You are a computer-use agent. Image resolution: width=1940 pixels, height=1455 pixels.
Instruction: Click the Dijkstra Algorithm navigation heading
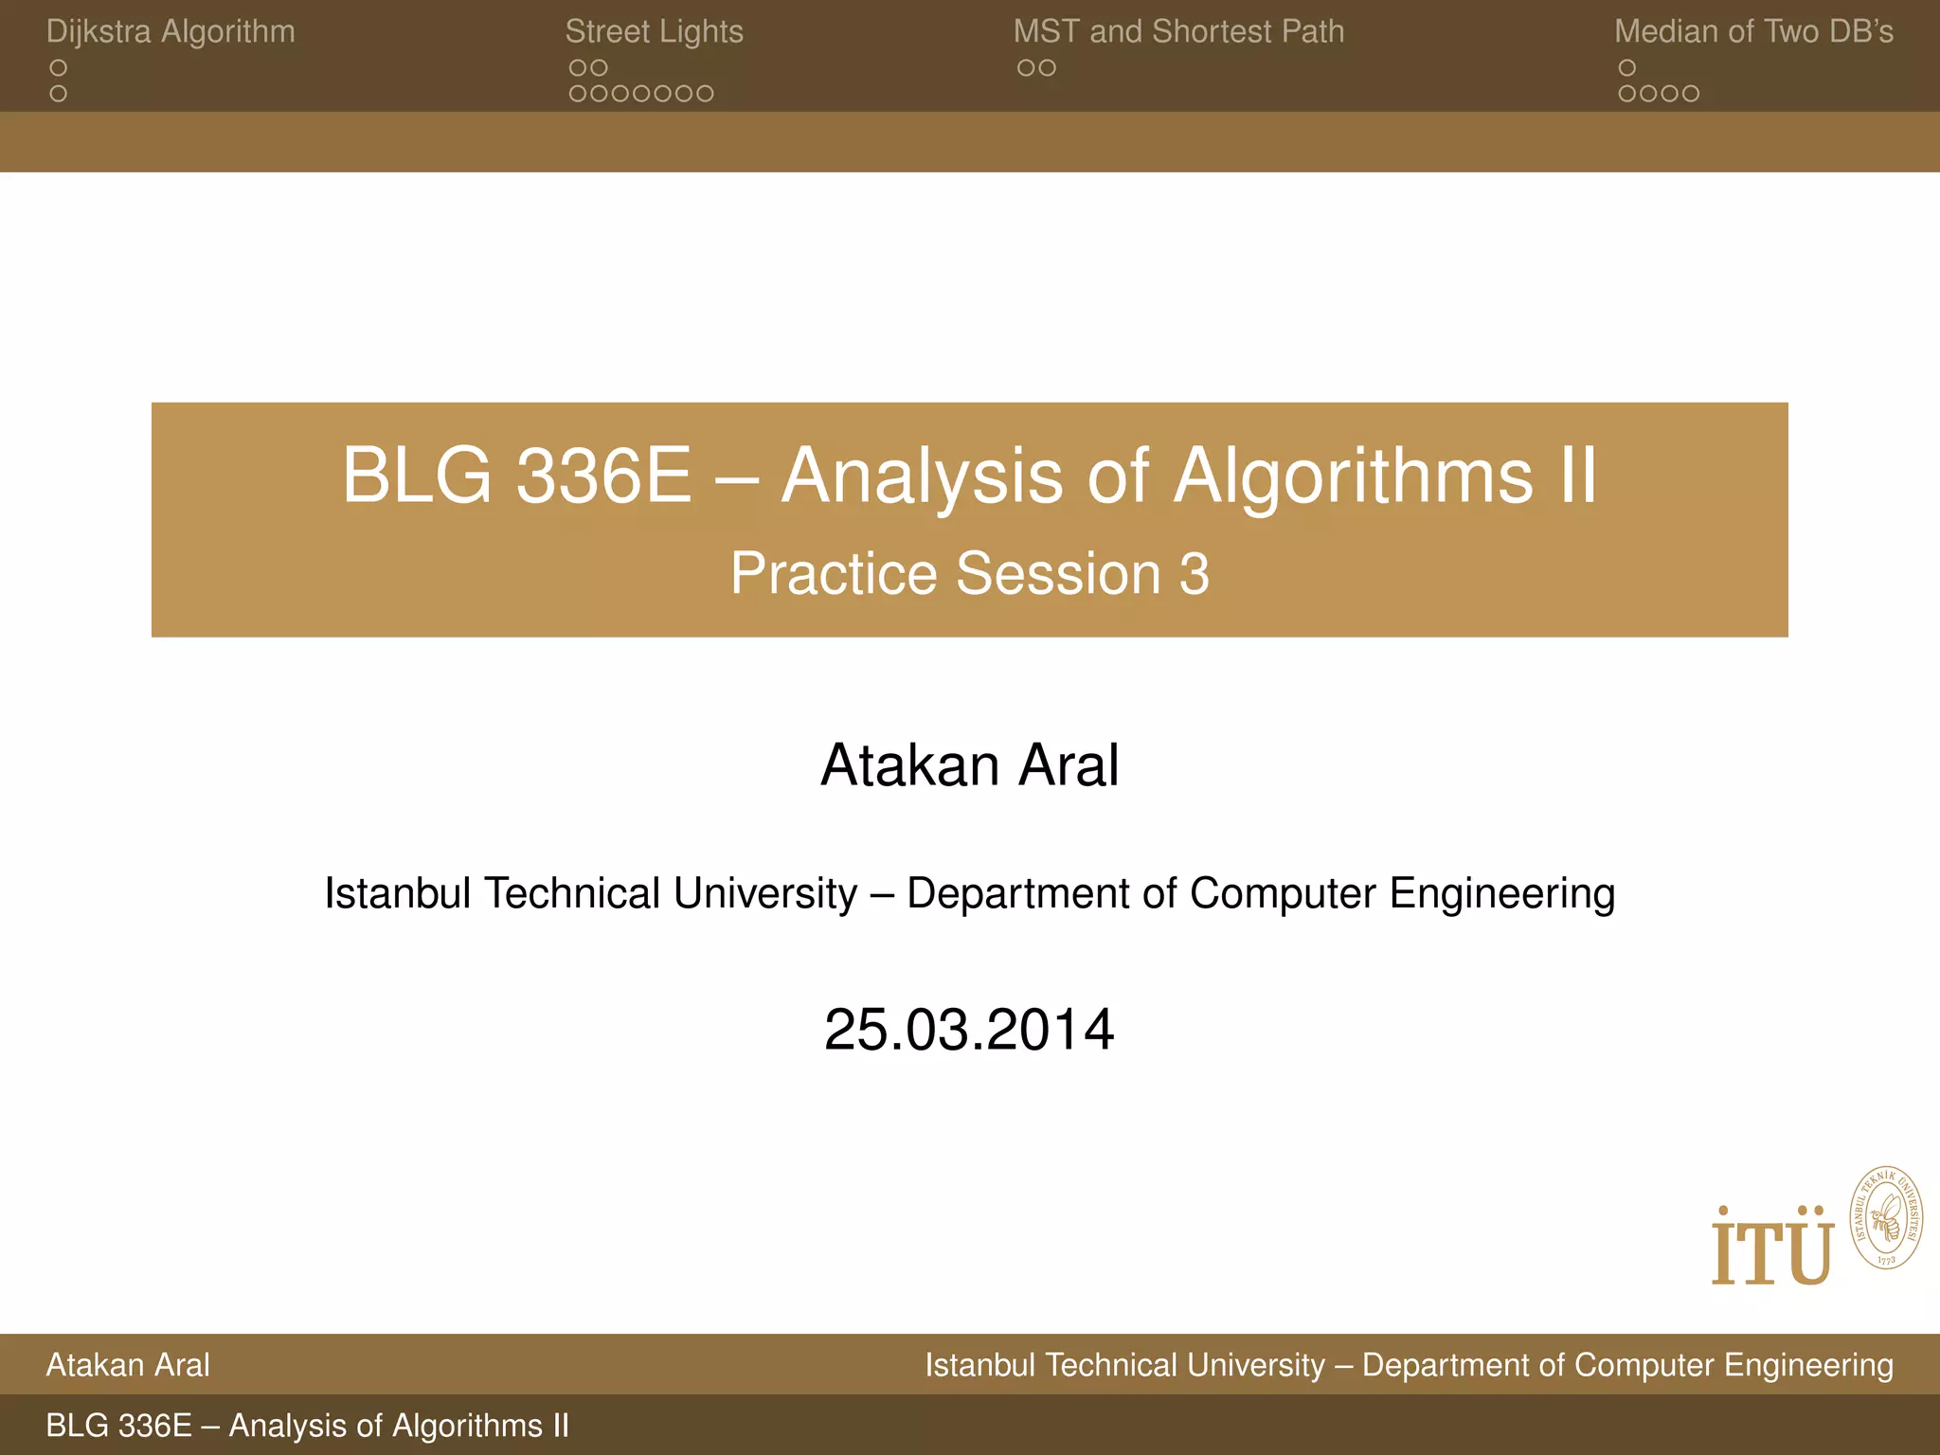(171, 32)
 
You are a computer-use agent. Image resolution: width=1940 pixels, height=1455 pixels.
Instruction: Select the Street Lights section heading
(654, 32)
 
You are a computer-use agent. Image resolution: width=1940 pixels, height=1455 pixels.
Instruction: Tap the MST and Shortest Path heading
(1178, 32)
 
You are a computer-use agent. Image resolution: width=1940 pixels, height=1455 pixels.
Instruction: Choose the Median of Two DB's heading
(1753, 32)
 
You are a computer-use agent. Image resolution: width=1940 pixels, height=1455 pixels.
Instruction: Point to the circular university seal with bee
(1886, 1218)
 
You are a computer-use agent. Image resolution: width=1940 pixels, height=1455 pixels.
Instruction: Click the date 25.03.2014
(969, 1031)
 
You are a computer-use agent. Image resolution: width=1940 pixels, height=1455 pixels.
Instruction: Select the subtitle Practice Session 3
(969, 574)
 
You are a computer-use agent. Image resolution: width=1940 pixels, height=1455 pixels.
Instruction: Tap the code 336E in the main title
(603, 476)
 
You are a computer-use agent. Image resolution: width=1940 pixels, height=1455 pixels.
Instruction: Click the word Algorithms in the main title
(1353, 476)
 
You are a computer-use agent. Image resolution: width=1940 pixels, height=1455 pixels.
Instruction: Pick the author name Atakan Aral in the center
(969, 765)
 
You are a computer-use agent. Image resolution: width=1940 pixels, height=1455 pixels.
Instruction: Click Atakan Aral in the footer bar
(128, 1365)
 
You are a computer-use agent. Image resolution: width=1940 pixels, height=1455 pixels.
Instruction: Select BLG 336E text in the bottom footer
(119, 1426)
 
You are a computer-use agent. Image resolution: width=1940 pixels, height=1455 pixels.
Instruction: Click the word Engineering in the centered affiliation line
(1501, 894)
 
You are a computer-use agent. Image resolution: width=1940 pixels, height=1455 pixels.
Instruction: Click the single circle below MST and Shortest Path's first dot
(1026, 68)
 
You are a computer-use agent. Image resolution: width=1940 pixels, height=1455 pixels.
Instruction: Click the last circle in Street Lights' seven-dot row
(705, 94)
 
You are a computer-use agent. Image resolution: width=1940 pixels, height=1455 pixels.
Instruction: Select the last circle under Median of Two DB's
(1691, 94)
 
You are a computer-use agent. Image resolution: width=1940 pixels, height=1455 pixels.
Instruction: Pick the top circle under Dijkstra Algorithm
(59, 68)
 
